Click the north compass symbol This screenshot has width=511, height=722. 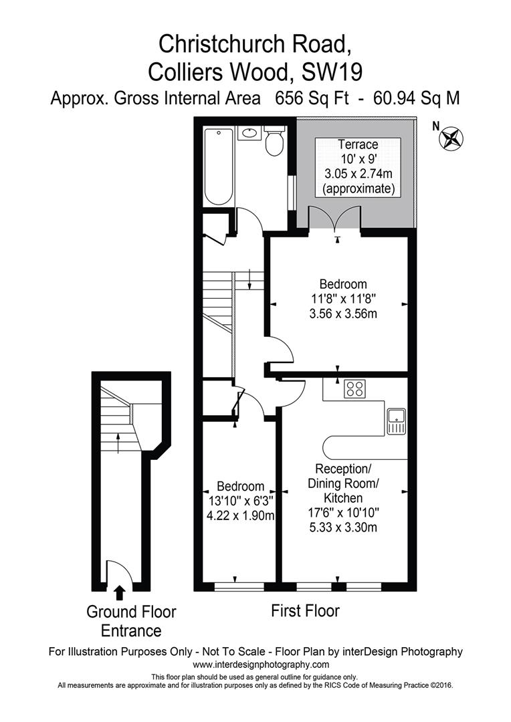click(451, 138)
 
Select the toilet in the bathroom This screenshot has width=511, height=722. click(274, 141)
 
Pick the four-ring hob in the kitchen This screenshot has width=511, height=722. click(354, 389)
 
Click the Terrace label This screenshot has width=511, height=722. click(358, 144)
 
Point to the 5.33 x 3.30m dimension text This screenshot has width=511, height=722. click(342, 527)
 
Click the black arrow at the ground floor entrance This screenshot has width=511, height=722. click(120, 592)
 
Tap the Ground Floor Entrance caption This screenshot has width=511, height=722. click(131, 621)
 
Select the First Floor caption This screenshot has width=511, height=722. click(305, 610)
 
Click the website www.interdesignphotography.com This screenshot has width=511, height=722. click(261, 665)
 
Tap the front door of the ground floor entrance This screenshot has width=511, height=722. click(118, 572)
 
